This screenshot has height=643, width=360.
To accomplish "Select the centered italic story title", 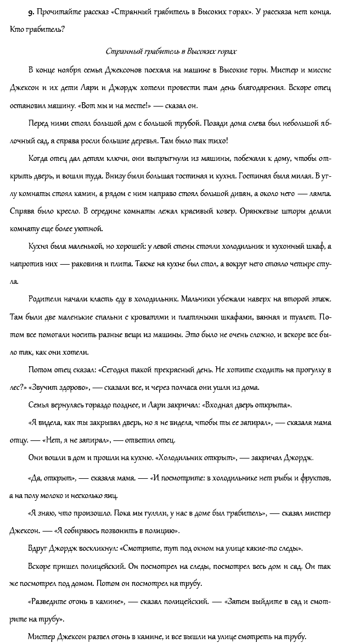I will [x=171, y=52].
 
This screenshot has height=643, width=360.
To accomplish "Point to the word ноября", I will [x=74, y=71].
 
